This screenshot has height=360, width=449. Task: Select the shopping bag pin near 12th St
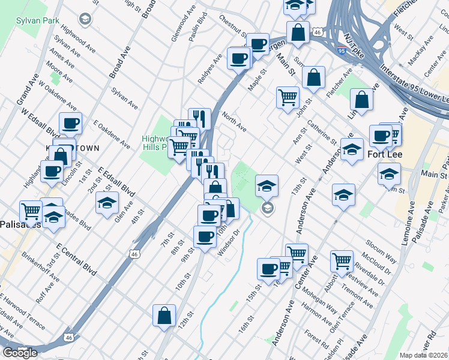click(164, 316)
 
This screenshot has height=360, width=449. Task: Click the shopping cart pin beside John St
click(288, 97)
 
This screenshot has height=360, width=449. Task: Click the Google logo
click(20, 353)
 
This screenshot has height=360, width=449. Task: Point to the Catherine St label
click(321, 133)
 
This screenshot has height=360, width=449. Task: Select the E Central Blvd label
click(76, 259)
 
